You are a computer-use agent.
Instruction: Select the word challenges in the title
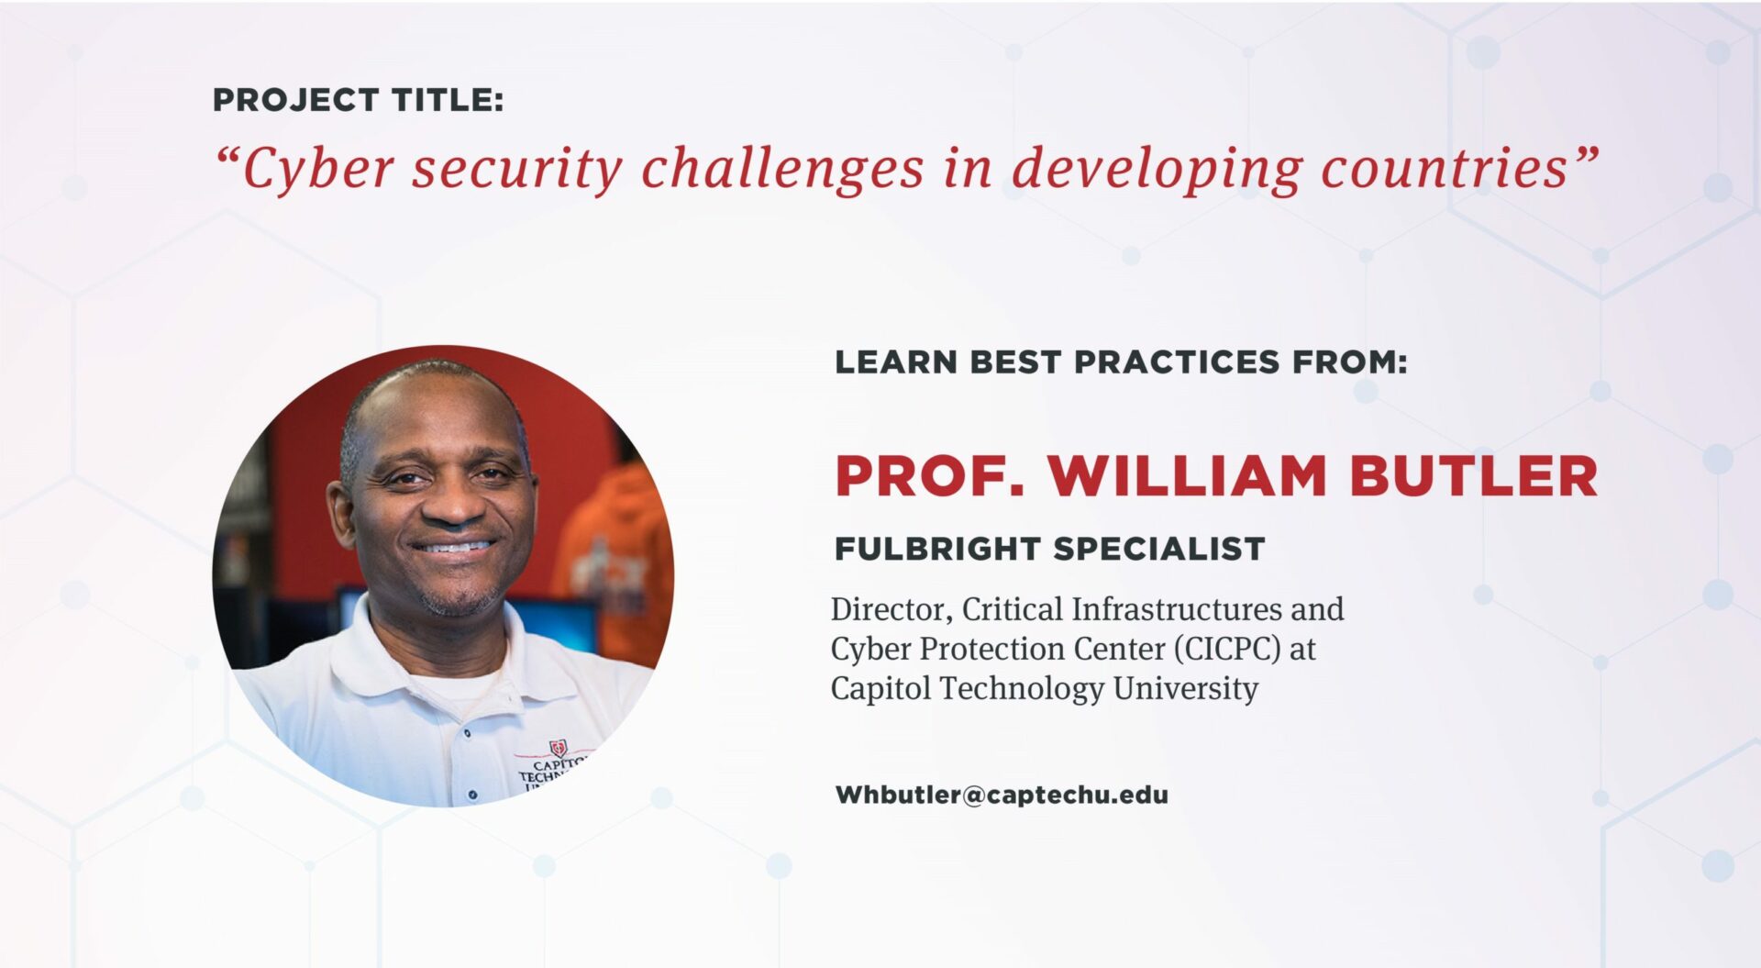point(782,169)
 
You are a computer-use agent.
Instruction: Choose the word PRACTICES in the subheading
point(1176,362)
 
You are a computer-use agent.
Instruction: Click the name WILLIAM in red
point(1187,476)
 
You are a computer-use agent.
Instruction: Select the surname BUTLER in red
point(1473,476)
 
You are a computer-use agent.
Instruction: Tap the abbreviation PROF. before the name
point(929,476)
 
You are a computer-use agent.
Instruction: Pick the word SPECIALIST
point(1158,549)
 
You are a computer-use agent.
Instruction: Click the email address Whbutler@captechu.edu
point(1002,795)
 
